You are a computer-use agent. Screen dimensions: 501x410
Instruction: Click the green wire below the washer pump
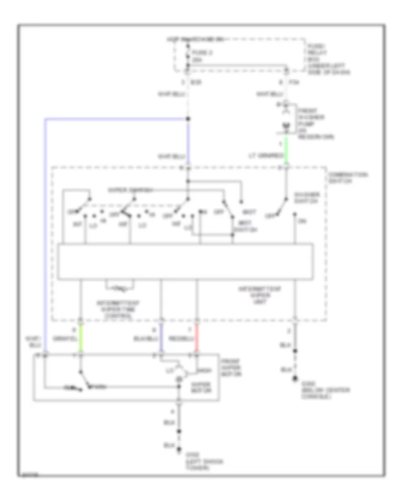coord(286,150)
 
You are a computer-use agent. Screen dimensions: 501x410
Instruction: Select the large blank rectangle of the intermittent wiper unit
coord(185,261)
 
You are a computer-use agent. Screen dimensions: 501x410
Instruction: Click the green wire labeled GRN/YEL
coord(81,337)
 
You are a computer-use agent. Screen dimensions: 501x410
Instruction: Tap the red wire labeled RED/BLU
coord(197,337)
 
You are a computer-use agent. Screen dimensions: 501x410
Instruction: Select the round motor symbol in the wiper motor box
coord(179,373)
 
